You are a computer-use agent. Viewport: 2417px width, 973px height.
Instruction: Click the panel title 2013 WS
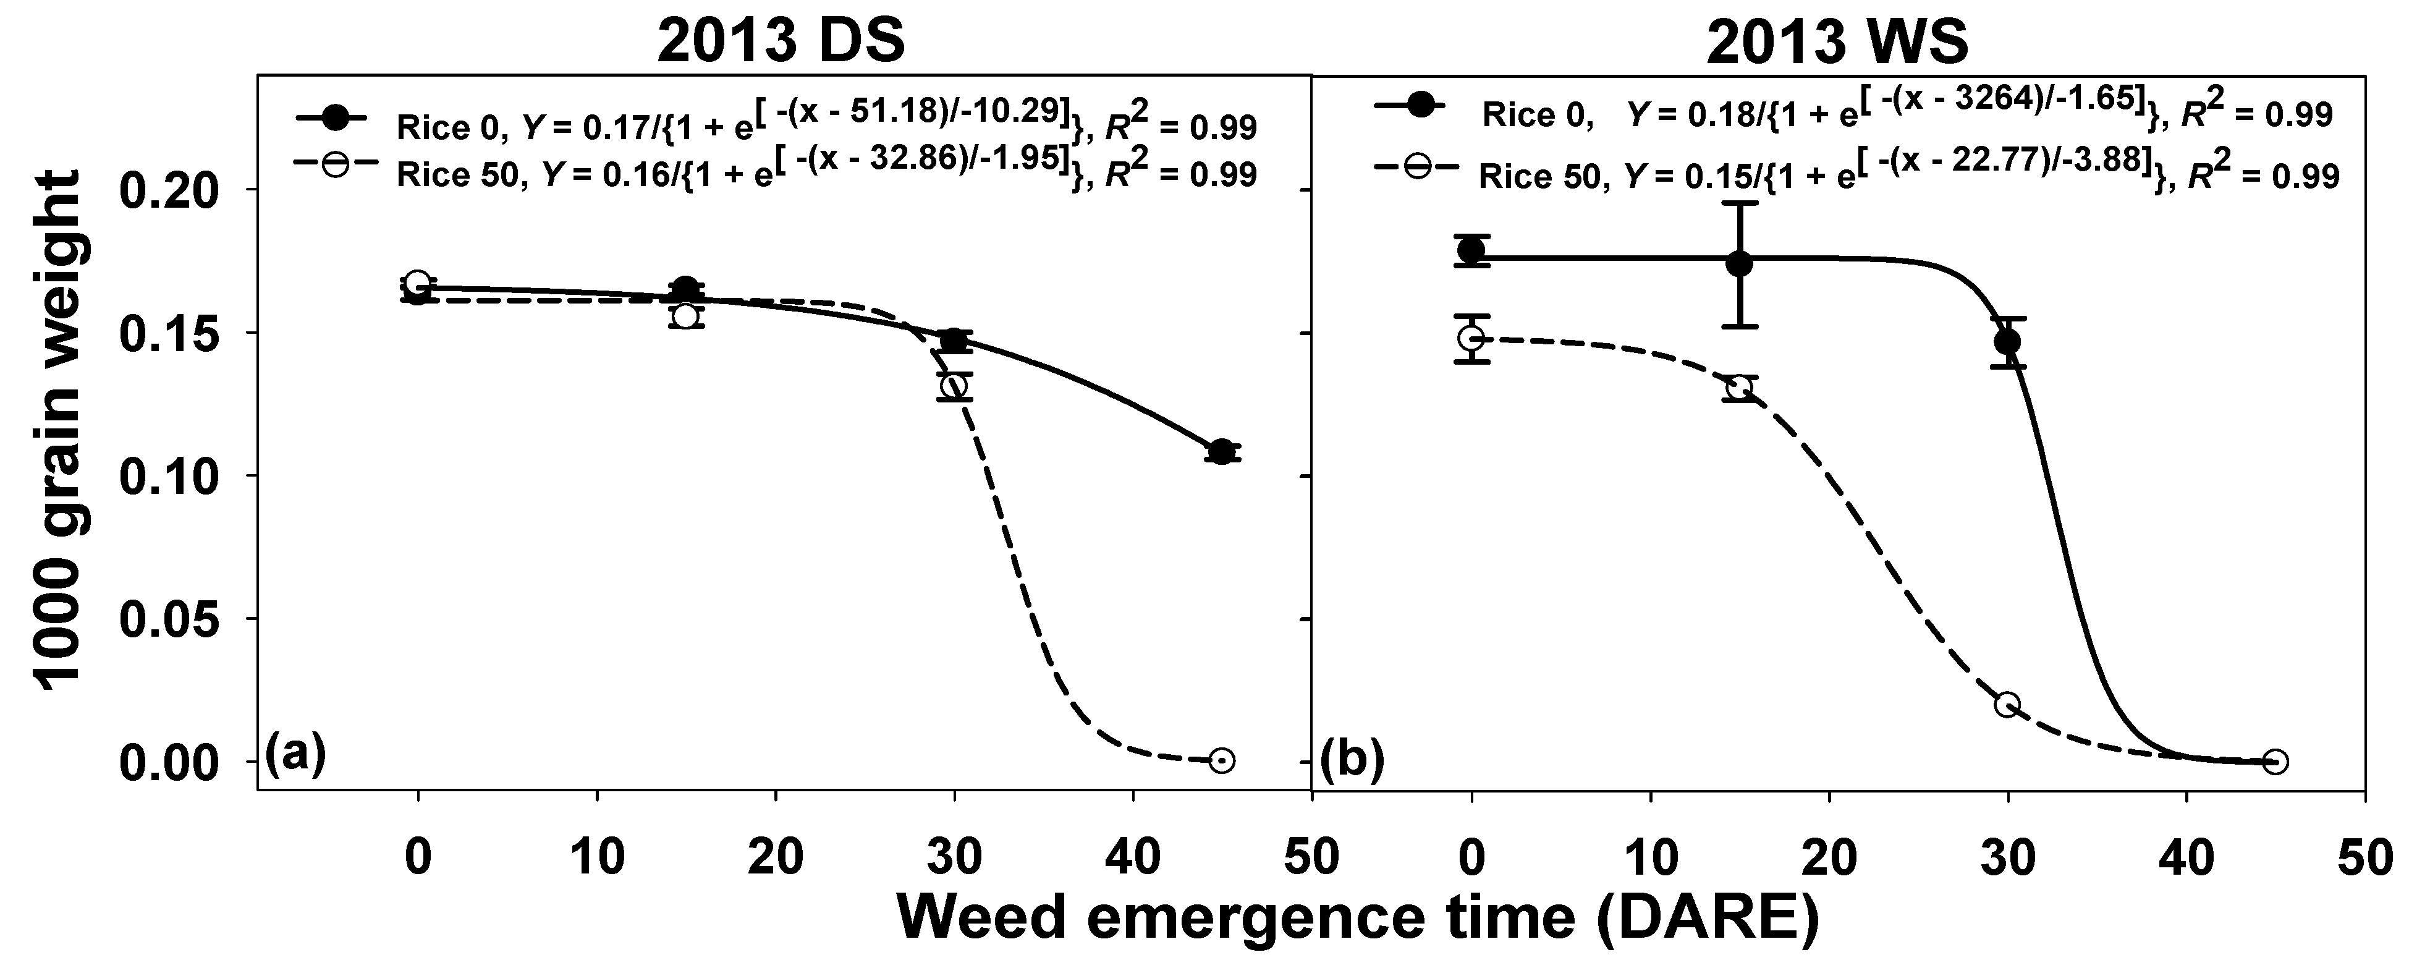(1837, 42)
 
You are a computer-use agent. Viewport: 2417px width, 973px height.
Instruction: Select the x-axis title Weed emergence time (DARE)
(1358, 917)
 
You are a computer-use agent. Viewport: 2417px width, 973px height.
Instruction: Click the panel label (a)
(295, 754)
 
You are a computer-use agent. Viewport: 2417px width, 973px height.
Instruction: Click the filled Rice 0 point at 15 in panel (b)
(1738, 264)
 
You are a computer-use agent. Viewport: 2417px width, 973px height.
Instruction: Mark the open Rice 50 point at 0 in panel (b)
(1471, 338)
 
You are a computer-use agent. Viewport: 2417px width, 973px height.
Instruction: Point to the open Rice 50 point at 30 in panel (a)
(954, 386)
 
